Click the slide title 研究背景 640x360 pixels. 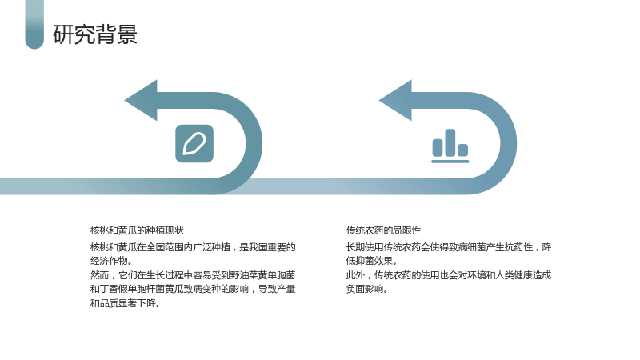pyautogui.click(x=95, y=34)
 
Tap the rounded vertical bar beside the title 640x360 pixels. pyautogui.click(x=34, y=24)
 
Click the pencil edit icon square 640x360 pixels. pyautogui.click(x=194, y=143)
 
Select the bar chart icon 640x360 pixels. pyautogui.click(x=450, y=146)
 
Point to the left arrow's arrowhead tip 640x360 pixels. pyautogui.click(x=125, y=101)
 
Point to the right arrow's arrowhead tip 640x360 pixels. pyautogui.click(x=379, y=101)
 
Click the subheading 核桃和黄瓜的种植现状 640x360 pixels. pyautogui.click(x=137, y=230)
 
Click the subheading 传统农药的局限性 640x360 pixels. pyautogui.click(x=384, y=230)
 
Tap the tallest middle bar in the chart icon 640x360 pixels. pyautogui.click(x=450, y=142)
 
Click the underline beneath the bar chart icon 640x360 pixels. pyautogui.click(x=450, y=162)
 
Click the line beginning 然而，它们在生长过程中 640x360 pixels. pyautogui.click(x=193, y=275)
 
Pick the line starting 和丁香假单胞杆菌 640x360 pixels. pyautogui.click(x=193, y=289)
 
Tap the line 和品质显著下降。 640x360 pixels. pyautogui.click(x=125, y=303)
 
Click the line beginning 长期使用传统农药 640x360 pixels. pyautogui.click(x=449, y=247)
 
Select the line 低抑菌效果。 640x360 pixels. pyautogui.click(x=371, y=261)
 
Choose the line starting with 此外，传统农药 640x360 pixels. pyautogui.click(x=449, y=275)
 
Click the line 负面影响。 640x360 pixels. pyautogui.click(x=367, y=289)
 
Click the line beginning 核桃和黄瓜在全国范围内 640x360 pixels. pyautogui.click(x=193, y=247)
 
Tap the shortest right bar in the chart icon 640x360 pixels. pyautogui.click(x=463, y=150)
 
